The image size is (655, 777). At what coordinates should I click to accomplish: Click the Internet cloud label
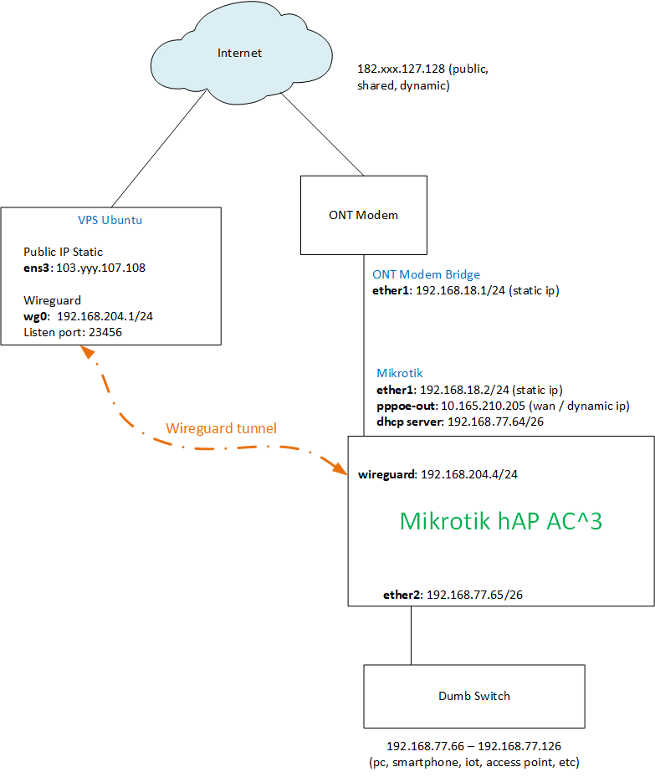[239, 54]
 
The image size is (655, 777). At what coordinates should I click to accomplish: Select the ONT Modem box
[363, 215]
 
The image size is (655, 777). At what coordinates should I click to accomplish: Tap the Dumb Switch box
[473, 696]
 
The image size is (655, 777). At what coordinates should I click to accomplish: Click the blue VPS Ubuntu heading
[110, 221]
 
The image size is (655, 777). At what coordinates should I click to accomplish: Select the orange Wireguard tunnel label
[221, 428]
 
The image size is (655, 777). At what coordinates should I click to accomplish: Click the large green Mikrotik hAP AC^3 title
[501, 521]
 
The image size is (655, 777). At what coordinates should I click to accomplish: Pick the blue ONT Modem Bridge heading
[426, 274]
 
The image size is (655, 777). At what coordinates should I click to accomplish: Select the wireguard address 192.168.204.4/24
[469, 474]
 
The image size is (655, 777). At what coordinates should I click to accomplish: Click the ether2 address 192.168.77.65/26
[475, 595]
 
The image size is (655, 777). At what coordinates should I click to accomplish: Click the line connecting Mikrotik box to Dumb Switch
[411, 635]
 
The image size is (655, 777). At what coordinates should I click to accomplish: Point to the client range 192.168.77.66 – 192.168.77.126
[473, 746]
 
